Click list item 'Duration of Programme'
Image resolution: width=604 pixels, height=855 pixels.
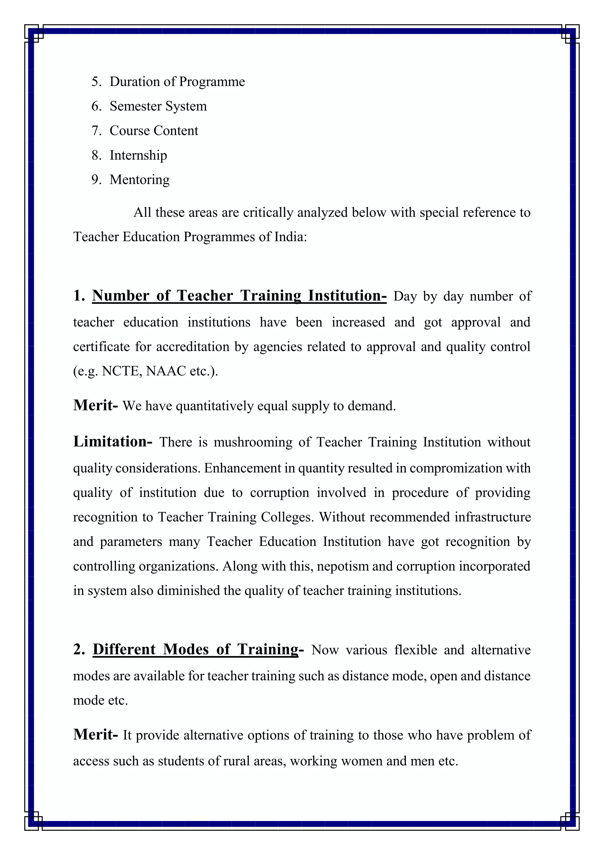click(177, 81)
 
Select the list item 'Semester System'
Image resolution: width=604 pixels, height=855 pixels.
click(158, 106)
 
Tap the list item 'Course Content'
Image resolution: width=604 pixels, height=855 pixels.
click(154, 131)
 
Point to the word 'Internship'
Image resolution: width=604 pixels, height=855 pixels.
click(138, 155)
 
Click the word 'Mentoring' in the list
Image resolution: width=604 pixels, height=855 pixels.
click(139, 180)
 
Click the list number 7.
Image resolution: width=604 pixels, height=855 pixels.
click(96, 131)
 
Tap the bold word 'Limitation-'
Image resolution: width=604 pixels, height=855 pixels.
click(112, 442)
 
